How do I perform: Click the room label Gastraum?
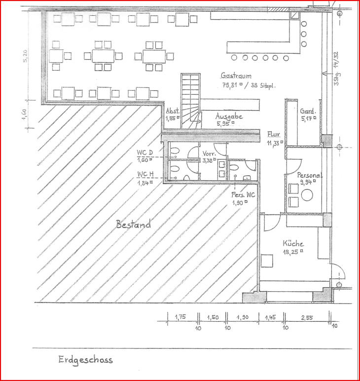pos(236,76)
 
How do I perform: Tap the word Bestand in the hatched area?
pos(133,225)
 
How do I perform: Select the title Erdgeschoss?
pos(85,360)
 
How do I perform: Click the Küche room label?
pos(293,243)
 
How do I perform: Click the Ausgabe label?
pos(229,116)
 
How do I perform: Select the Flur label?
pos(274,134)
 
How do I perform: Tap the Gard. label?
pos(308,111)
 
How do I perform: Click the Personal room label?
pos(309,175)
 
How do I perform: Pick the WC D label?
pos(145,152)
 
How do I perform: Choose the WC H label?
pos(145,174)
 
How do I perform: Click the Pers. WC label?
pos(243,195)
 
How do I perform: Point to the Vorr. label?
pos(210,153)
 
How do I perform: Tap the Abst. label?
pos(172,112)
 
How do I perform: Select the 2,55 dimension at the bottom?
pos(306,318)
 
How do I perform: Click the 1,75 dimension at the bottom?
pos(180,318)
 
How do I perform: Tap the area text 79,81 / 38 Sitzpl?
pos(248,85)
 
